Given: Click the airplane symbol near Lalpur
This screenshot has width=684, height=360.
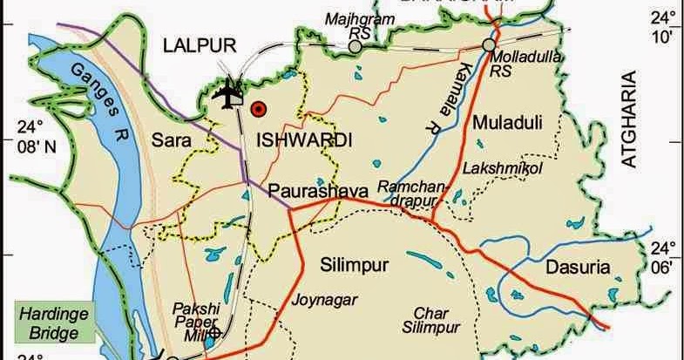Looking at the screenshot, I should [x=229, y=93].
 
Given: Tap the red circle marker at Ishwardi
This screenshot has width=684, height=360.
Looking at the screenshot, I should [x=257, y=109].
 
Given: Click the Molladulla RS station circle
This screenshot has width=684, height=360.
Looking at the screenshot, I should [x=490, y=44].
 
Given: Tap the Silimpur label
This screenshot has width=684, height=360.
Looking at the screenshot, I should [x=354, y=263].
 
